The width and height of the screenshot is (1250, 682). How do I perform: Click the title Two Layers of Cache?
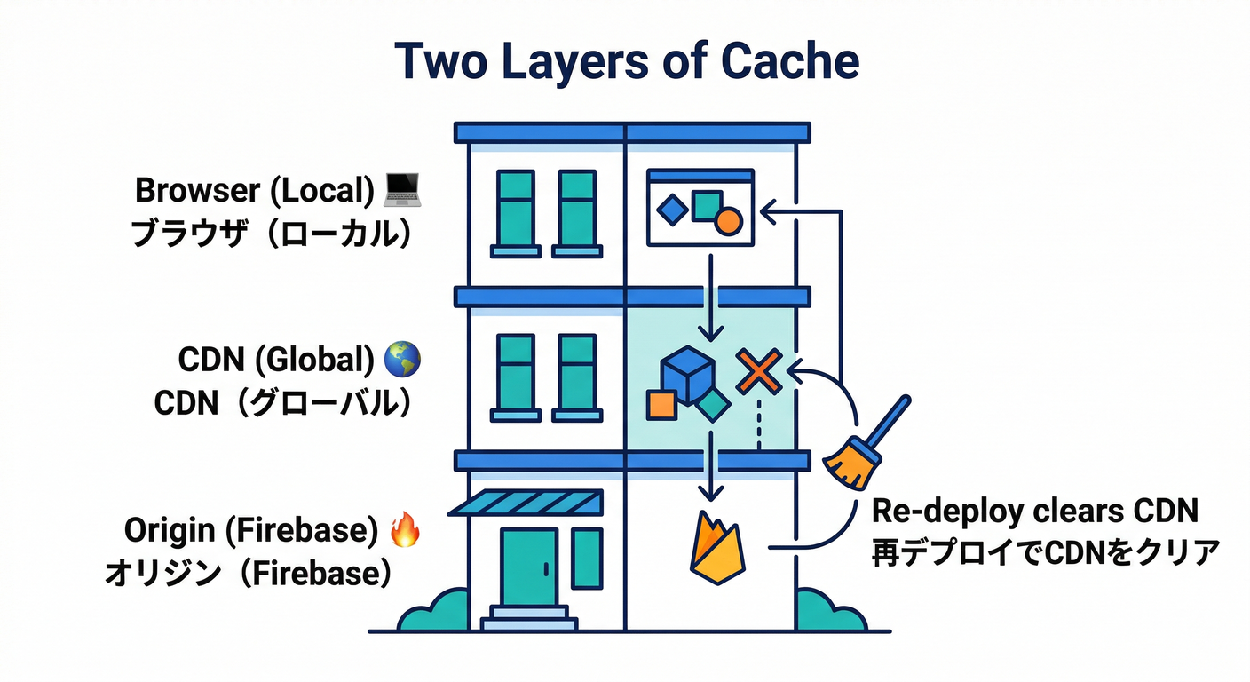627,61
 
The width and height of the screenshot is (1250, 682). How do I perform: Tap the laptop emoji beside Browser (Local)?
402,188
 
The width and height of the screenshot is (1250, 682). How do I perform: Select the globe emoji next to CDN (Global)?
402,360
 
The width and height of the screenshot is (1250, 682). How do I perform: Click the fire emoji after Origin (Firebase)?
404,530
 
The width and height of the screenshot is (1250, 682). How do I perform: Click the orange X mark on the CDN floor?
759,371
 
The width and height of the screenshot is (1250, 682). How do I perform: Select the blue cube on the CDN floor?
688,373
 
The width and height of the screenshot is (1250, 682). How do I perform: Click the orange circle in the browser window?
727,220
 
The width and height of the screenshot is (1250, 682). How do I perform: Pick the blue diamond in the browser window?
672,210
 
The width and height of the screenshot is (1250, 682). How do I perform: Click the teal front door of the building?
530,567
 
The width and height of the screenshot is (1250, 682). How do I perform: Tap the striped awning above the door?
526,503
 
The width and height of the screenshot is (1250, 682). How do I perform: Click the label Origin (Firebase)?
245,530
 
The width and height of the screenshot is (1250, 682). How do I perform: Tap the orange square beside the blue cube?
661,405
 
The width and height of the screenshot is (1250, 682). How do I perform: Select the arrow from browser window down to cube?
708,297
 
